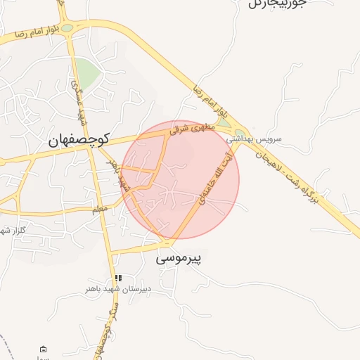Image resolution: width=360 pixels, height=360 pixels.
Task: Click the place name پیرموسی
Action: pos(178,259)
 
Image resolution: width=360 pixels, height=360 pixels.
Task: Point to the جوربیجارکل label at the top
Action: pos(278,4)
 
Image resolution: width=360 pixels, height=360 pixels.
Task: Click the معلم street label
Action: pos(100,210)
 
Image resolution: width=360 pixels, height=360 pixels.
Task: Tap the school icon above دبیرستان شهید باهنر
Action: pos(118,278)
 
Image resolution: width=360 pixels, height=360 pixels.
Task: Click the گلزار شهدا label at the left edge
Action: pos(13,230)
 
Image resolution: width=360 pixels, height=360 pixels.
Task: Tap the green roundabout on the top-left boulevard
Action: pos(67,28)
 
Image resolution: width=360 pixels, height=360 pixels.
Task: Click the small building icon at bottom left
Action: pos(44,349)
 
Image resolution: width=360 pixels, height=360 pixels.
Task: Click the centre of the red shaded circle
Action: pos(181,179)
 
